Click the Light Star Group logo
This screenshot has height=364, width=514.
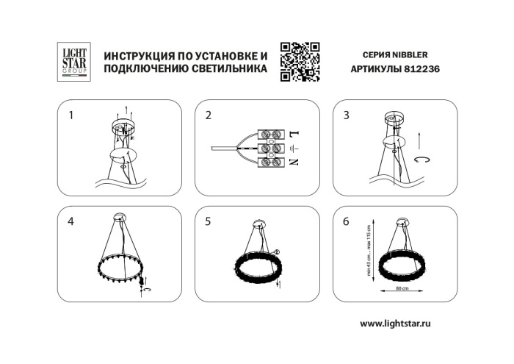click(x=73, y=62)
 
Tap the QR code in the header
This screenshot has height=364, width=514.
click(x=300, y=62)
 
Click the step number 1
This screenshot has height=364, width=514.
click(x=71, y=115)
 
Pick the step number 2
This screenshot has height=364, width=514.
click(x=209, y=115)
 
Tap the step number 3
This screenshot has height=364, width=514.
click(x=347, y=115)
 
